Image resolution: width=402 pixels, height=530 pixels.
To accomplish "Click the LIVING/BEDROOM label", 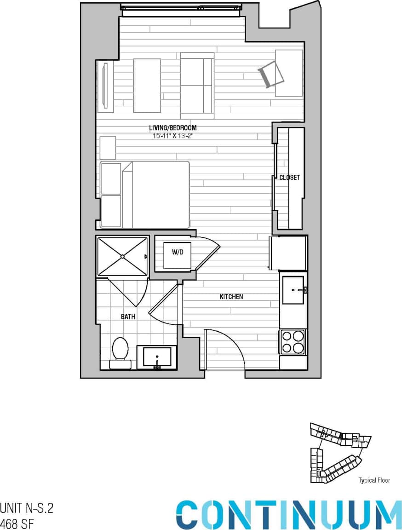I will coord(172,128).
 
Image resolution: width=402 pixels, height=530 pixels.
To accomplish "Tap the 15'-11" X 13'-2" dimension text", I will coord(172,136).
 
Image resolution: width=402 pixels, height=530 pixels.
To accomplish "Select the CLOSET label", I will coord(289,178).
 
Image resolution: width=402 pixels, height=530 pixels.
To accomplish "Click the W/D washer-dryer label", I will coord(178,252).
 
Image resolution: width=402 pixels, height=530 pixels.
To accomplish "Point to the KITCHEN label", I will coord(231,297).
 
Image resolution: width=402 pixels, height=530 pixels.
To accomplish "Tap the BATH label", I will coord(128,317).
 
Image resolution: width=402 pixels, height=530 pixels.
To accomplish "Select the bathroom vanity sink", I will coord(157,357).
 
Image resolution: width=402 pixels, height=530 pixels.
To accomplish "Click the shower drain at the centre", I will coord(122,256).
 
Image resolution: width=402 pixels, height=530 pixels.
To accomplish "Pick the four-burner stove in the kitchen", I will coord(293,342).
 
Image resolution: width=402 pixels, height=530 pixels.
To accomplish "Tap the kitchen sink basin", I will coord(293,290).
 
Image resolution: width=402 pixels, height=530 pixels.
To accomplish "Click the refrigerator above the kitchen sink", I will coord(288,253).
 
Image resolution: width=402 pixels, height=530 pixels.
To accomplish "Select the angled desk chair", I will coord(271,74).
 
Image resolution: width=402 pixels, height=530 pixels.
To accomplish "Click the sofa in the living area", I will coord(197,86).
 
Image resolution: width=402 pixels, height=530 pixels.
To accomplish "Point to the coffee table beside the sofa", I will coord(147,86).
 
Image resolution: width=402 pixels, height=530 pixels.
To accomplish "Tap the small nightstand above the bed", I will coord(108,148).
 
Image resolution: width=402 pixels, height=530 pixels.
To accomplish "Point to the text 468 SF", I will coord(17,524).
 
